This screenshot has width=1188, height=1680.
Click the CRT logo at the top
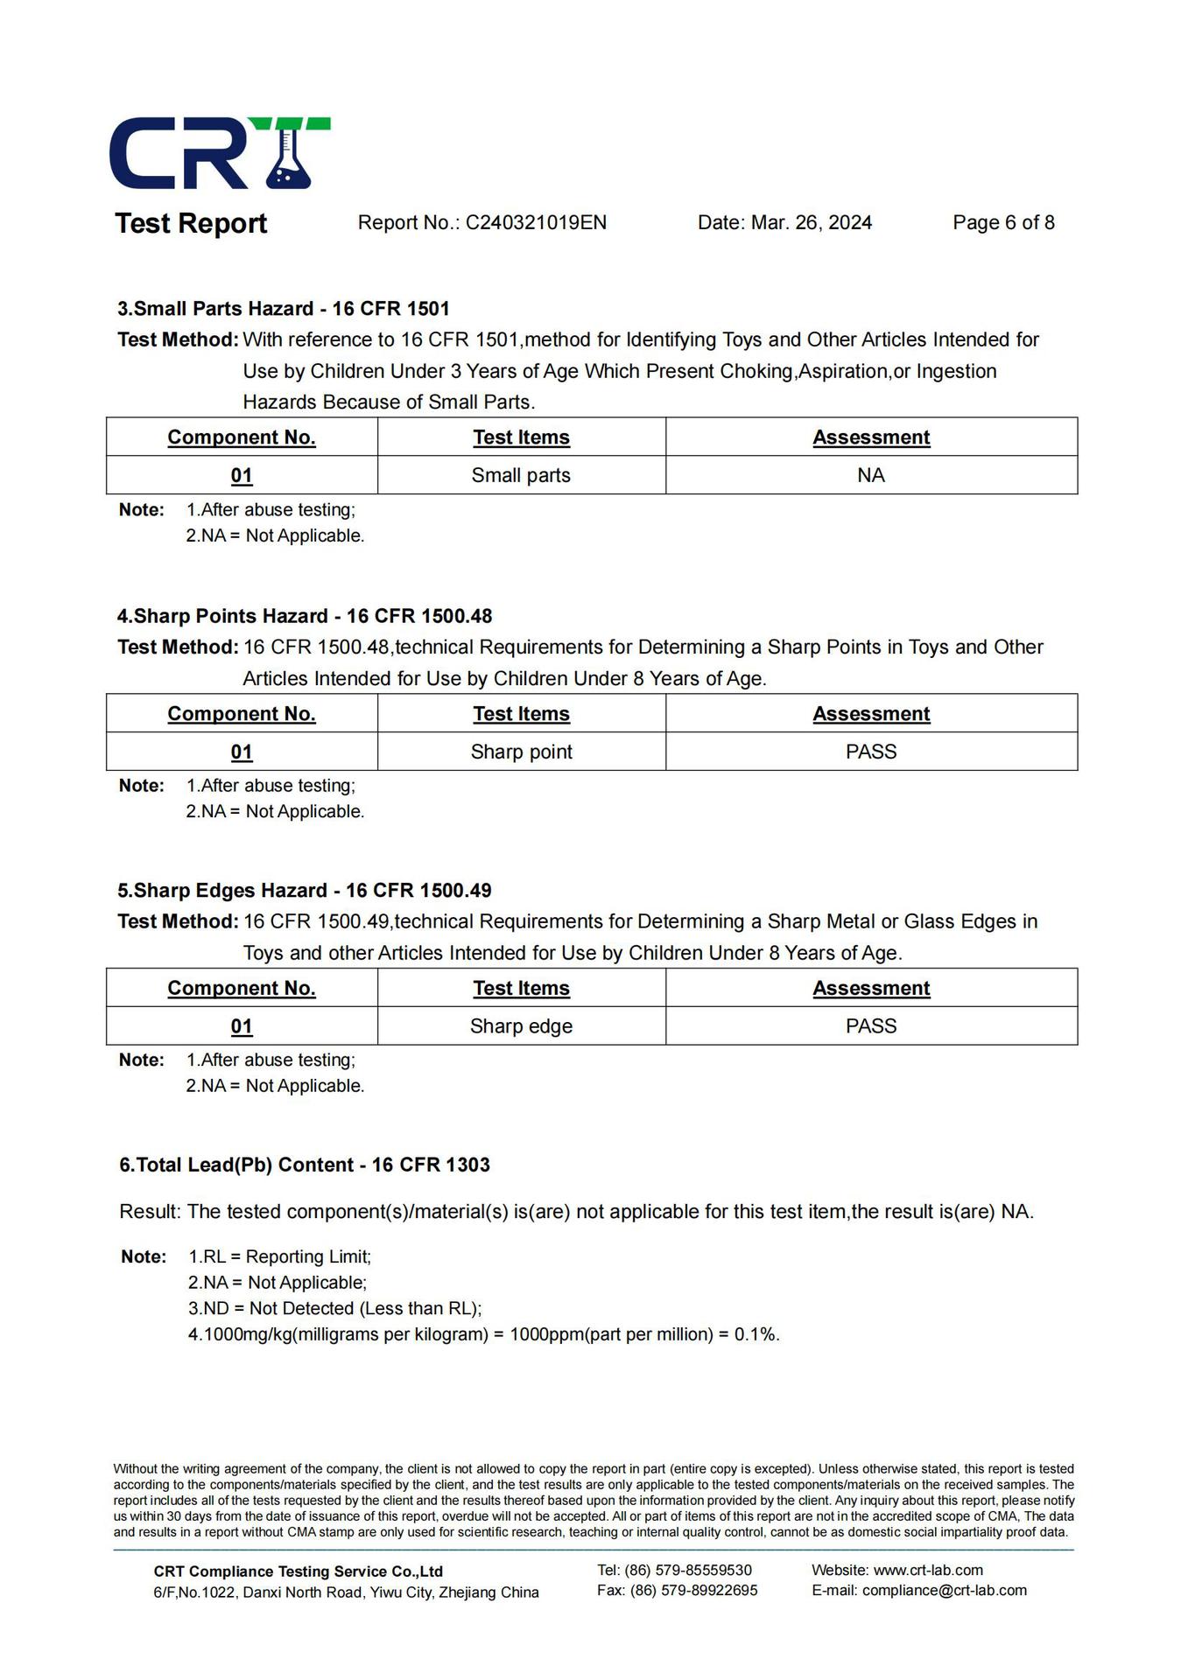point(219,154)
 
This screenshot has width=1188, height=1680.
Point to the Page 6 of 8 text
point(1003,223)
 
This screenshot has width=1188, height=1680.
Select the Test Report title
point(191,224)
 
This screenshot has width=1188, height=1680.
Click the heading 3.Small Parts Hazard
point(284,309)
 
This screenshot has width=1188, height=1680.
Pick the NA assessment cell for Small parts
point(871,475)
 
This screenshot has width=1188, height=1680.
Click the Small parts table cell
point(521,475)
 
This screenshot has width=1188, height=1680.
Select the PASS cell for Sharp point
point(871,752)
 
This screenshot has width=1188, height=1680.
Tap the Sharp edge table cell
point(521,1026)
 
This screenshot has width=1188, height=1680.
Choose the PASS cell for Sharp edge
point(871,1026)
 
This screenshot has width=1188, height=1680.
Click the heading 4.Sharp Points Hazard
point(305,616)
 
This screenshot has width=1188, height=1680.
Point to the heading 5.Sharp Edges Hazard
point(305,891)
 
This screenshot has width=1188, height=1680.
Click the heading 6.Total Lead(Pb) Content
point(305,1165)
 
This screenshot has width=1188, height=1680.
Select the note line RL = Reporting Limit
point(280,1257)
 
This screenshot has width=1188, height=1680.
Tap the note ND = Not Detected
point(335,1309)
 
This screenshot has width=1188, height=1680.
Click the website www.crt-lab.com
point(928,1571)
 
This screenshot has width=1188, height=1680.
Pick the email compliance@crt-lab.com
point(944,1591)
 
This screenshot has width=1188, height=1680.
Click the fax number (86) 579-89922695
point(693,1591)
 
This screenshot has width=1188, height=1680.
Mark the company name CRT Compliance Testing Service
point(298,1571)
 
